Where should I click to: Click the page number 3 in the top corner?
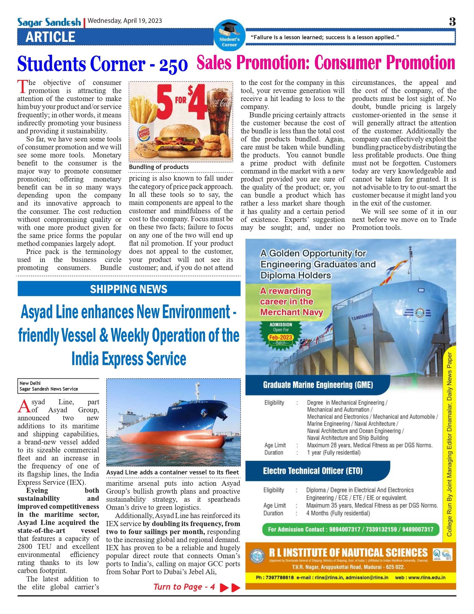[x=452, y=22]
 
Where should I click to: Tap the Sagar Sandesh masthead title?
[x=49, y=22]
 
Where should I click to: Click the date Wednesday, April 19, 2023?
[x=125, y=21]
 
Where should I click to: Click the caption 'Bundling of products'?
[x=159, y=167]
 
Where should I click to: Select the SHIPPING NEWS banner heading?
[x=129, y=289]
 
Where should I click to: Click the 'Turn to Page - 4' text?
[x=184, y=587]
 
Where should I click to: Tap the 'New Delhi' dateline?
[x=30, y=383]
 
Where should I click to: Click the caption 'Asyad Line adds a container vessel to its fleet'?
[x=173, y=472]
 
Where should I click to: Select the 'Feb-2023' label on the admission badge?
[x=281, y=337]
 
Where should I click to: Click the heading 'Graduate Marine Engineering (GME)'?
[x=318, y=385]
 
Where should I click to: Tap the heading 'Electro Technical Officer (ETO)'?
[x=313, y=471]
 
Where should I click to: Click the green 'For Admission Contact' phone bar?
[x=350, y=529]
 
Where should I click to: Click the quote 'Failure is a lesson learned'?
[x=325, y=37]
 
